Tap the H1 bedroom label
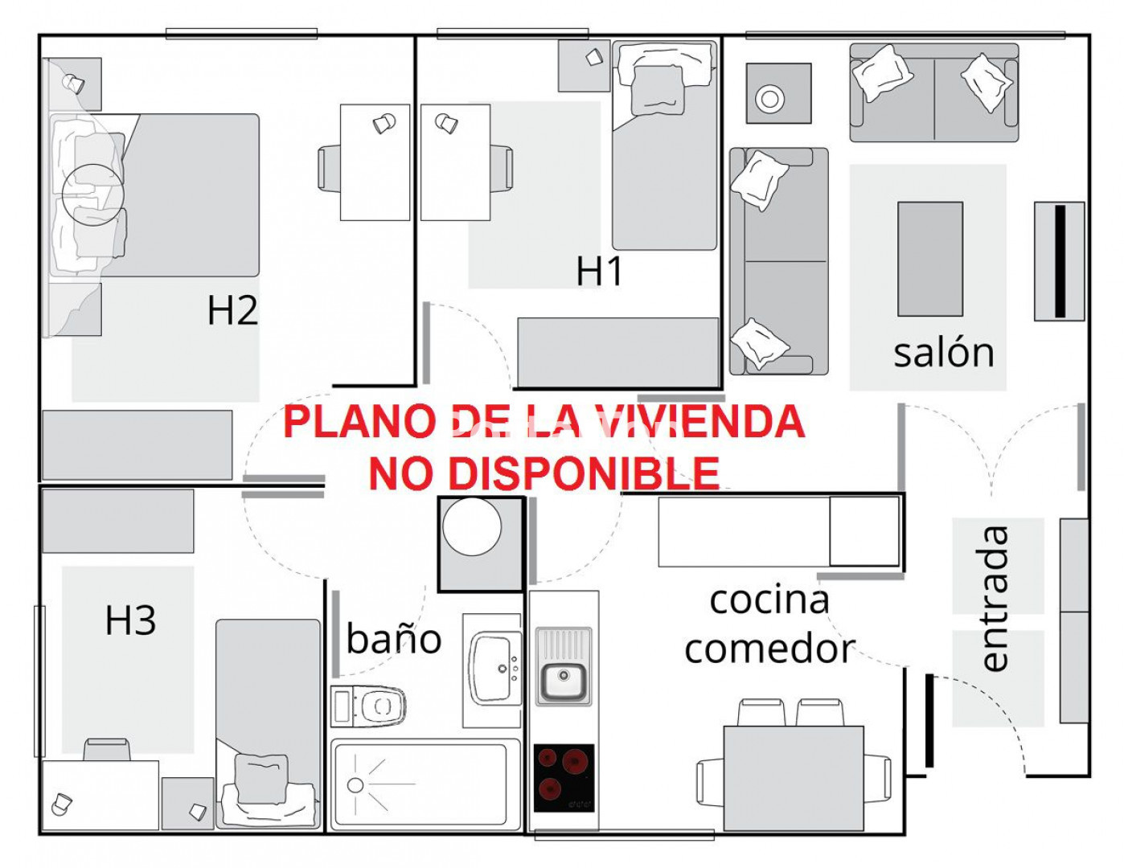599,271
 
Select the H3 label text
130,621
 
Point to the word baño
394,637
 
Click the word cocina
769,600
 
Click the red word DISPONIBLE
544,473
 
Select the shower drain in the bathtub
355,785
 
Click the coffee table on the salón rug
930,259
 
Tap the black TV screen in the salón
1060,261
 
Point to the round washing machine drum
472,526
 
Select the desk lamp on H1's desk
446,123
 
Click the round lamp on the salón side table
769,99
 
